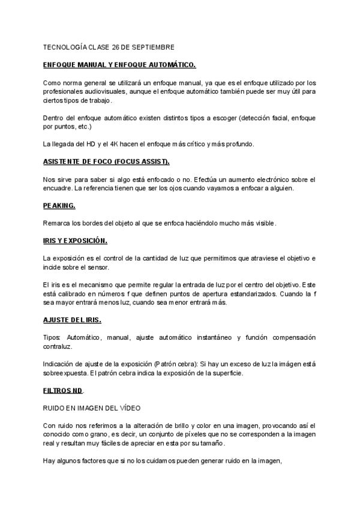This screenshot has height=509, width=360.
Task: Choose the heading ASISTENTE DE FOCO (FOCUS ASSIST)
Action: point(107,162)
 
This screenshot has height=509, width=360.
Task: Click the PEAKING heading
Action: point(59,205)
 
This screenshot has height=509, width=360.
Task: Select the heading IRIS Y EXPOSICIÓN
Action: point(75,241)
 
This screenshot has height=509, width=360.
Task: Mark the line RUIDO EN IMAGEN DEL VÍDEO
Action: point(91,408)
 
